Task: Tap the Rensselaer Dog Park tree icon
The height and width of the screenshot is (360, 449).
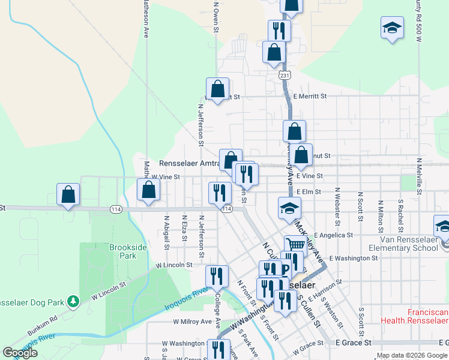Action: (73, 300)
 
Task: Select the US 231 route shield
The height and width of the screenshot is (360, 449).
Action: (285, 75)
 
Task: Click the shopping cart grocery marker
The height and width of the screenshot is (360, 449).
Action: (295, 245)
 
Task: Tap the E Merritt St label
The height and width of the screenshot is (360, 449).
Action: (310, 96)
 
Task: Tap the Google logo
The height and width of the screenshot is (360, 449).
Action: (20, 353)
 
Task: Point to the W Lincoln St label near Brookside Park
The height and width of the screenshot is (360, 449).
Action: (173, 265)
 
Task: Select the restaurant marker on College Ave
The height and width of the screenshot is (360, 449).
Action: (217, 275)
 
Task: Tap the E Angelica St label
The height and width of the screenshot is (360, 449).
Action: (333, 235)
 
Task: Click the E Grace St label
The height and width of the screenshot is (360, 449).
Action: (354, 343)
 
